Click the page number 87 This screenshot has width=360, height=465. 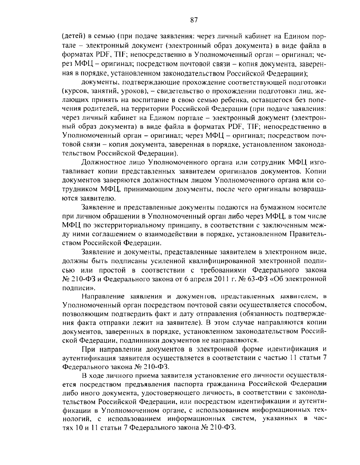click(x=193, y=20)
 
